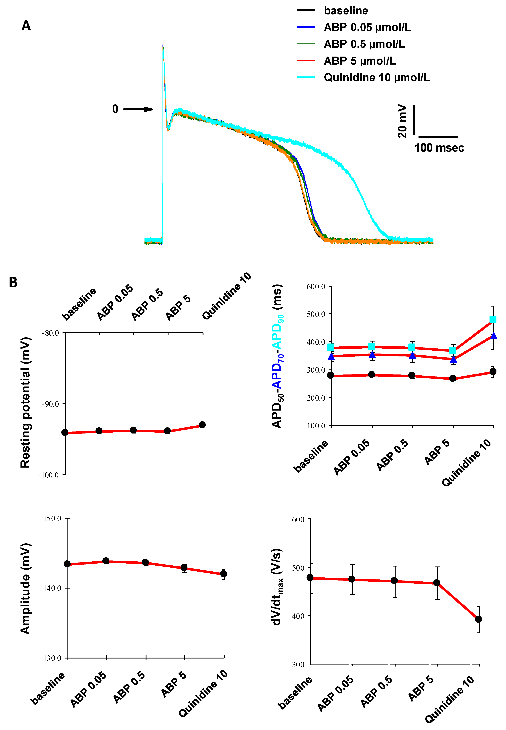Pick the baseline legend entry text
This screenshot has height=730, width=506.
(346, 11)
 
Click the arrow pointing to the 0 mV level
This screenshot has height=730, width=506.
(138, 109)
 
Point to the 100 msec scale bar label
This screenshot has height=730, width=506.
(439, 148)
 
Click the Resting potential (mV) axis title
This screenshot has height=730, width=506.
(25, 403)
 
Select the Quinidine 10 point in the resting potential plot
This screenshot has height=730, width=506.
(202, 425)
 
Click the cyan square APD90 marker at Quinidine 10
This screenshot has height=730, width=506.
(493, 320)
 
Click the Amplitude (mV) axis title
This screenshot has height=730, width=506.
(25, 589)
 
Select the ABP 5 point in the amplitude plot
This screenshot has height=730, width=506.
(184, 568)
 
